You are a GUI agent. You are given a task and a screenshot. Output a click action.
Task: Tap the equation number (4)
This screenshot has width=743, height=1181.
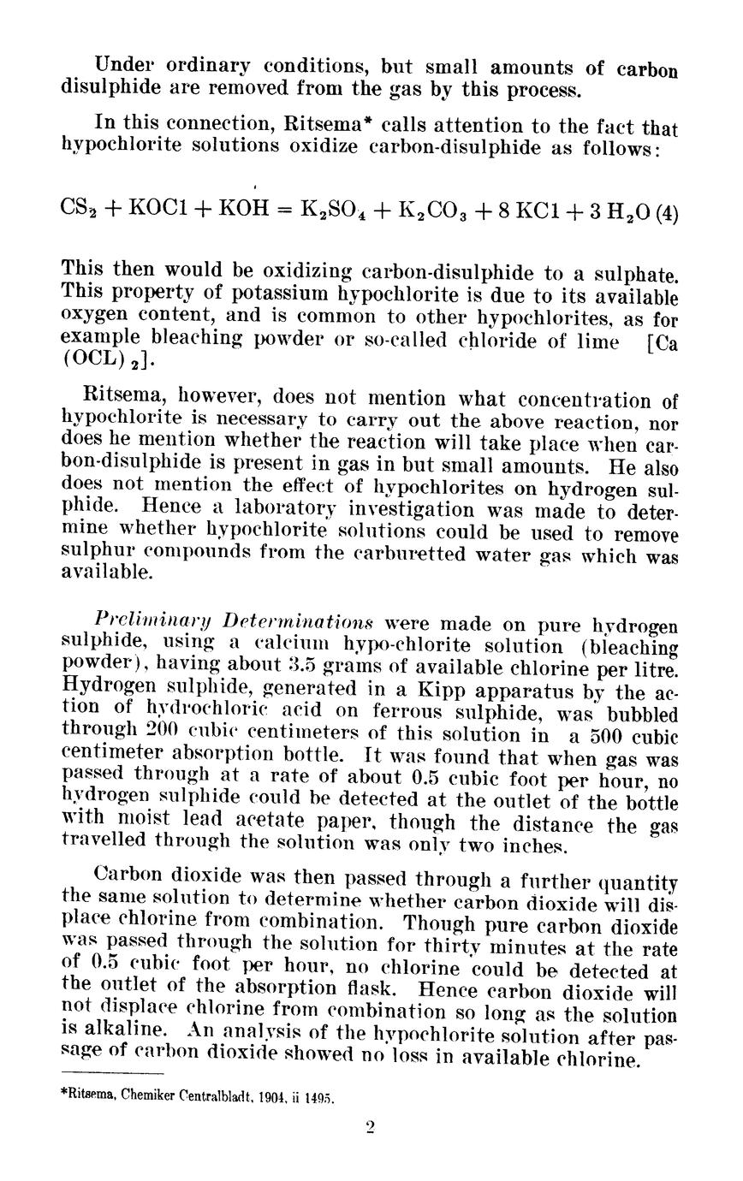(x=665, y=210)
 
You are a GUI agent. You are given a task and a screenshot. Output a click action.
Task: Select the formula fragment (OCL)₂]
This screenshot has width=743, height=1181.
(x=99, y=359)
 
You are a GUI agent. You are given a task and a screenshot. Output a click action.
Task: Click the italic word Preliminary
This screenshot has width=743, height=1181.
(x=144, y=624)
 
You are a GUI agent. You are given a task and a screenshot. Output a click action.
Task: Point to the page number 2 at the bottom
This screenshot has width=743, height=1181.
(x=370, y=1129)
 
